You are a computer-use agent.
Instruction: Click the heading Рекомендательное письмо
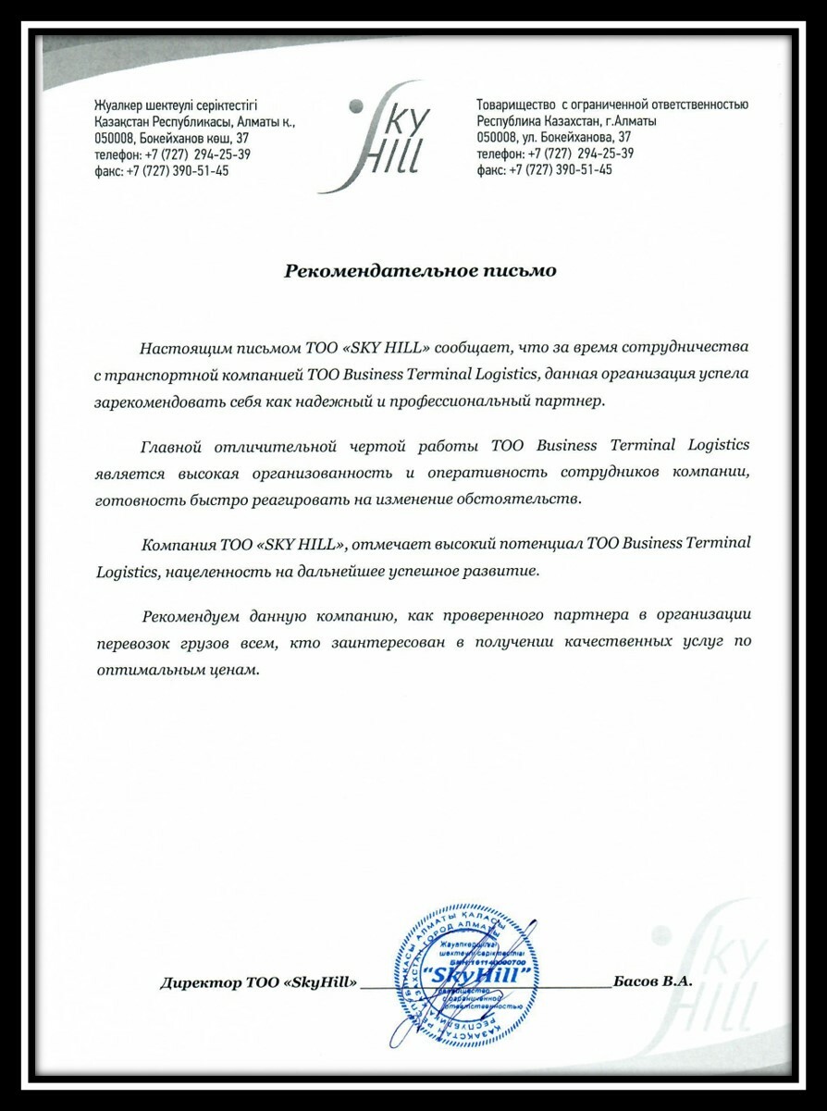[420, 271]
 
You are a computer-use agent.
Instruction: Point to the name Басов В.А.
[652, 981]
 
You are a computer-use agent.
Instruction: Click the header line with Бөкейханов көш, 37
[171, 137]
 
